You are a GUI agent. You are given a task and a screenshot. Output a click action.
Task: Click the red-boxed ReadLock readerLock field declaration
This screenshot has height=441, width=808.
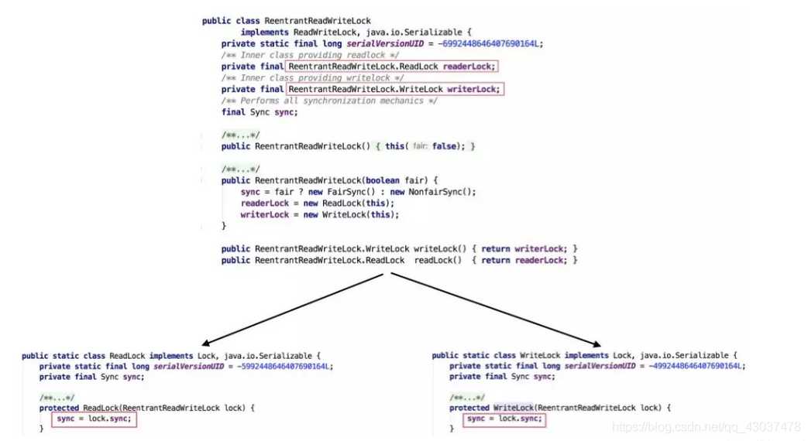coord(391,67)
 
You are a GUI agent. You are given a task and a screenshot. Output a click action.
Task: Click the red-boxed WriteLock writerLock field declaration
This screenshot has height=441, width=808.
coord(394,90)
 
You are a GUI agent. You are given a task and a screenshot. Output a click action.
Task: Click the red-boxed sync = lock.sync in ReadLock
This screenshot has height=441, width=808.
coord(95,419)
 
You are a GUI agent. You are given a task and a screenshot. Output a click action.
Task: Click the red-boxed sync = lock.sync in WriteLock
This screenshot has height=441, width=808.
coord(504,419)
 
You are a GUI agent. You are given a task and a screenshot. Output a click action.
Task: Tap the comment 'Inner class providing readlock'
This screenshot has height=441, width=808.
coord(311,56)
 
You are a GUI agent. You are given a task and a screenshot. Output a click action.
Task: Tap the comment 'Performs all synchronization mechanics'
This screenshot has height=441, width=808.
coord(328,101)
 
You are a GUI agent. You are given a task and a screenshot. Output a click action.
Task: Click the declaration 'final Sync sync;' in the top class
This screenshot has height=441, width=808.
coord(260,112)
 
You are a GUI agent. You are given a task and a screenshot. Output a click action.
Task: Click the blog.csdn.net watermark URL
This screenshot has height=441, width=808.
coord(706,426)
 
